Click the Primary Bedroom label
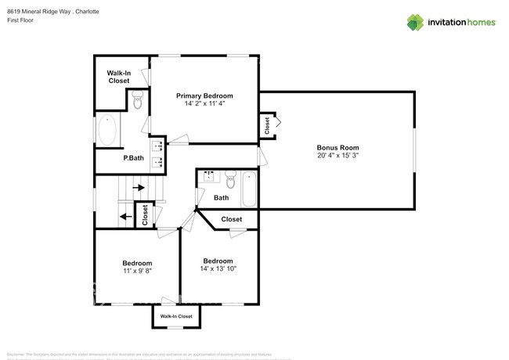pyautogui.click(x=209, y=95)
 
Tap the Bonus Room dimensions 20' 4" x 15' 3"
pyautogui.click(x=338, y=156)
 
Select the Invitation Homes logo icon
pyautogui.click(x=414, y=23)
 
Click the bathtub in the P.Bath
pyautogui.click(x=108, y=131)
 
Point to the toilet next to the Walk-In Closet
pyautogui.click(x=138, y=100)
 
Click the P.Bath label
pyautogui.click(x=133, y=158)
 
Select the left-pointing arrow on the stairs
pyautogui.click(x=125, y=217)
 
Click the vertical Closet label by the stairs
pyautogui.click(x=145, y=214)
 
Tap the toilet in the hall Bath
pyautogui.click(x=230, y=178)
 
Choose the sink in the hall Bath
pyautogui.click(x=208, y=176)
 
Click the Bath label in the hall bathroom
pyautogui.click(x=221, y=198)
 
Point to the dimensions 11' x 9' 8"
pyautogui.click(x=137, y=270)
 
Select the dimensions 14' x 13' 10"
pyautogui.click(x=218, y=268)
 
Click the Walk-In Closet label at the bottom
pyautogui.click(x=176, y=316)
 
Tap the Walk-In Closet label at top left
pyautogui.click(x=119, y=77)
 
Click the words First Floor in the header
pyautogui.click(x=20, y=20)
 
